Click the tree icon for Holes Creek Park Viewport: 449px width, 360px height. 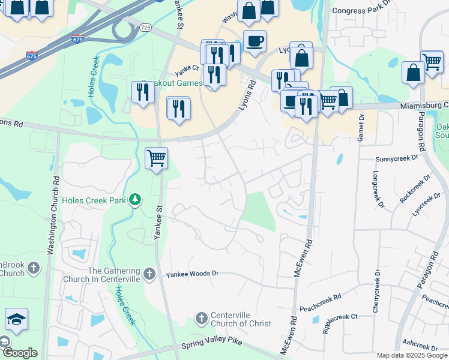click(136, 199)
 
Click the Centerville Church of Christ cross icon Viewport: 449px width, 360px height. click(202, 317)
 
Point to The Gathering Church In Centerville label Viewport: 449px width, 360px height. click(114, 275)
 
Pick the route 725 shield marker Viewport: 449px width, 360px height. click(146, 28)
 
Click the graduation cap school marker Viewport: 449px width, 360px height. click(16, 320)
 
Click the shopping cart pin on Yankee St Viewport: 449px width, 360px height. click(156, 158)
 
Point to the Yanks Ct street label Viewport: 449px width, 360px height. click(186, 68)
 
